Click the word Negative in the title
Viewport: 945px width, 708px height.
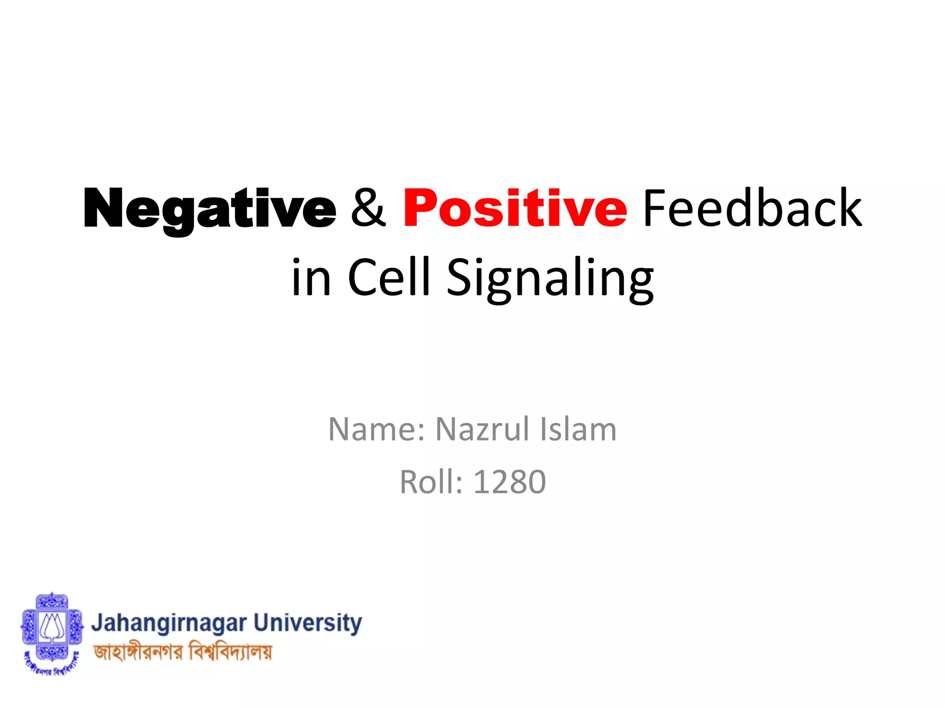[210, 208]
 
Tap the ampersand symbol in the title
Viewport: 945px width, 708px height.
[368, 208]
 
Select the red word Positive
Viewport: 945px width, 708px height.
[515, 208]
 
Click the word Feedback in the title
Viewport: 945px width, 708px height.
[752, 208]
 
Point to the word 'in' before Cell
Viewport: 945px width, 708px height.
[311, 278]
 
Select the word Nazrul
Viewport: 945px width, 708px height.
[482, 429]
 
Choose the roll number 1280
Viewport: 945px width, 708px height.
[510, 482]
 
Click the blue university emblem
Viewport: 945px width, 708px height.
[52, 627]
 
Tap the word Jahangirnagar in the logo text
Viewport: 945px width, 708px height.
[168, 624]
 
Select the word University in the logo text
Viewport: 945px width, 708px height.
[308, 624]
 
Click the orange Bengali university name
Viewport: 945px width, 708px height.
[183, 652]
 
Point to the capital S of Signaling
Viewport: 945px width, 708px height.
[461, 277]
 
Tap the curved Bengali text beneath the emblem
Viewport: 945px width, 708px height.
[52, 667]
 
